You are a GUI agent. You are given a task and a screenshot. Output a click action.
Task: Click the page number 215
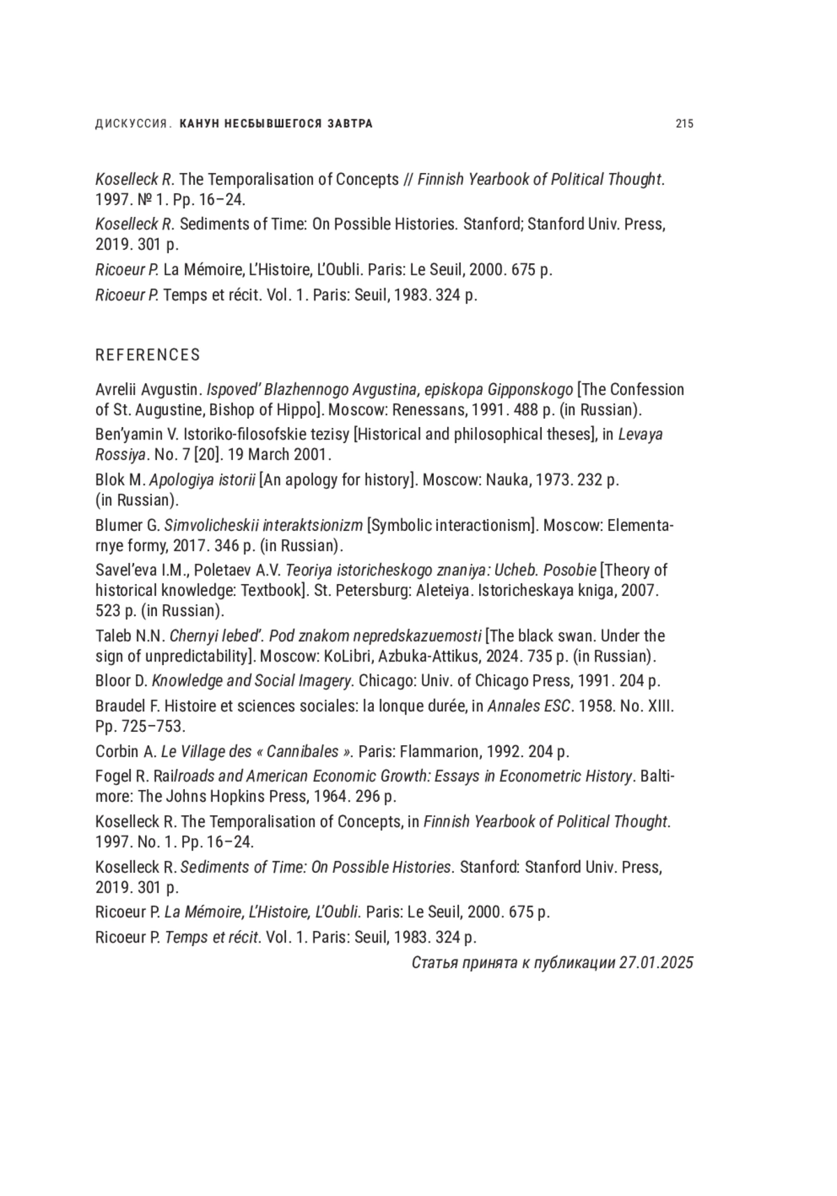pyautogui.click(x=684, y=124)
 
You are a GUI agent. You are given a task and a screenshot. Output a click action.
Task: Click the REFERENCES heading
pyautogui.click(x=148, y=355)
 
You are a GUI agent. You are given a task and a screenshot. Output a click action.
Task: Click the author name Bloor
pyautogui.click(x=112, y=681)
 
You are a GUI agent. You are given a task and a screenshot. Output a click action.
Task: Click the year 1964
pyautogui.click(x=331, y=797)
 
